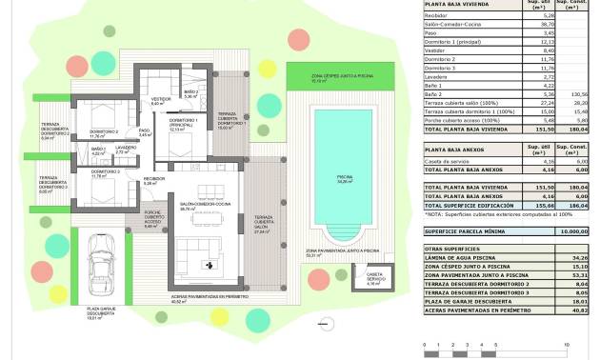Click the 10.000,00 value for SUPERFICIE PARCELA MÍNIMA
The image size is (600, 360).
pos(571,230)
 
